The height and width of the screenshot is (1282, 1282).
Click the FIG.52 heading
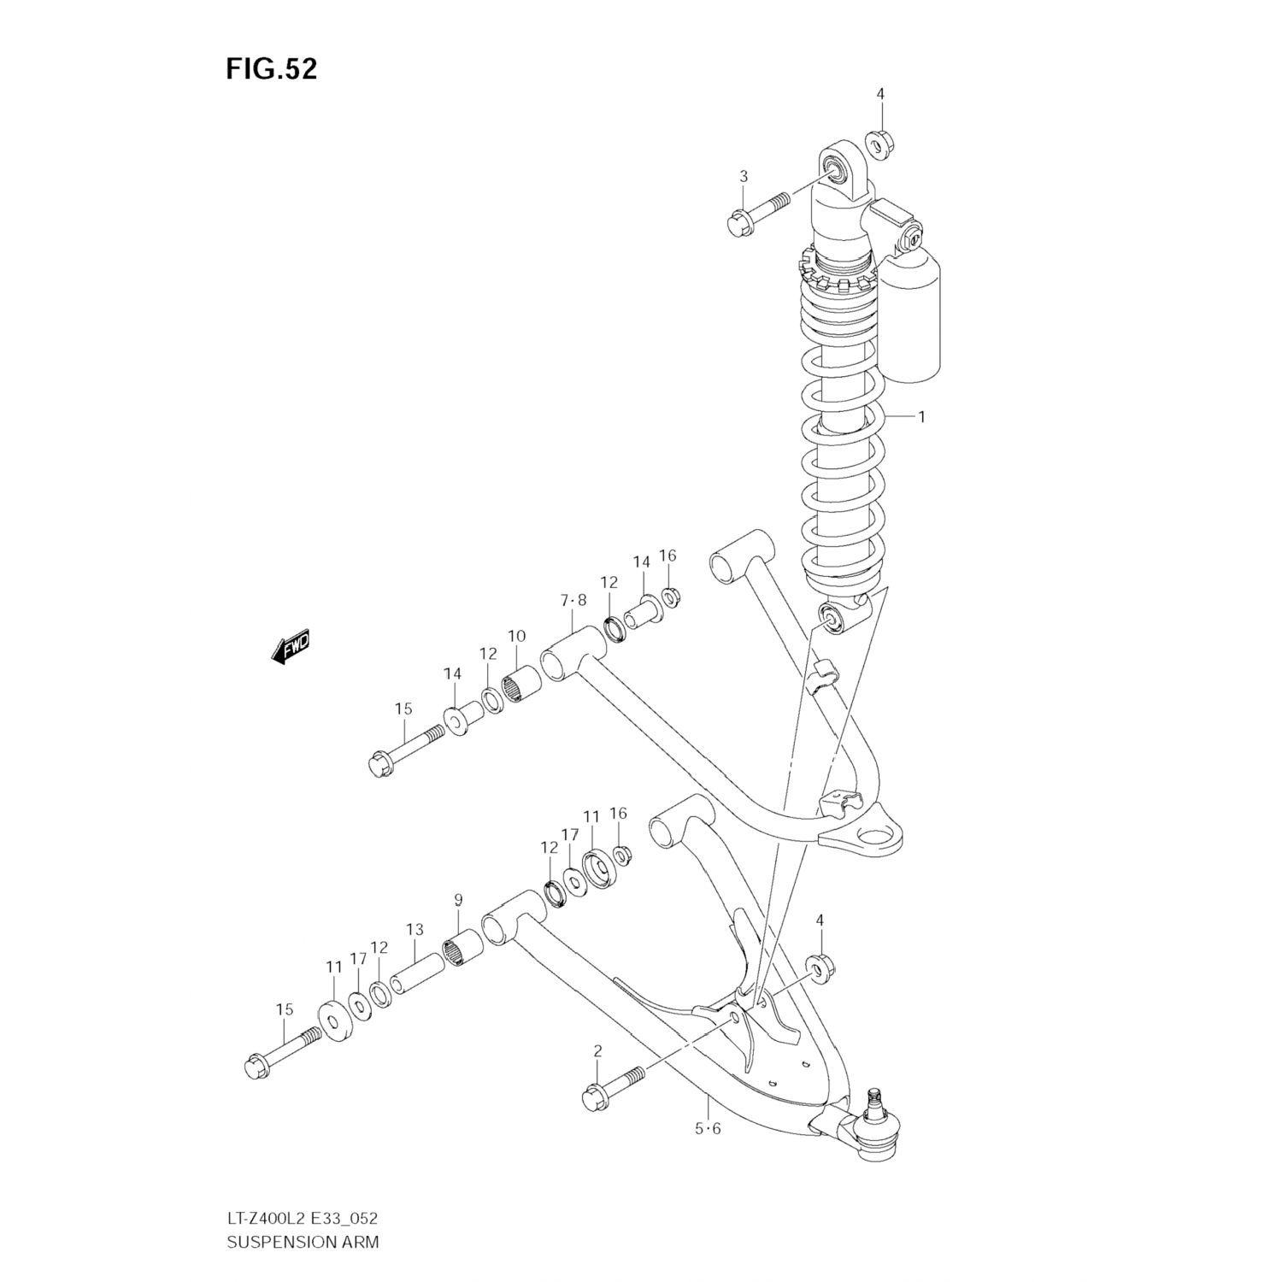pyautogui.click(x=271, y=69)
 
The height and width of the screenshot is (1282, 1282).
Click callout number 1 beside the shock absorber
pyautogui.click(x=921, y=417)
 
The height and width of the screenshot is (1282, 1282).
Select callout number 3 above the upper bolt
pyautogui.click(x=744, y=176)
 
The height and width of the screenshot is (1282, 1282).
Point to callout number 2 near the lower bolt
pyautogui.click(x=597, y=1051)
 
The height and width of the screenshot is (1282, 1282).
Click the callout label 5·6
pyautogui.click(x=708, y=1128)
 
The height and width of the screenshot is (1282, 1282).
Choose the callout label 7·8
pyautogui.click(x=573, y=601)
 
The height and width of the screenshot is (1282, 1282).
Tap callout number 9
pyautogui.click(x=458, y=899)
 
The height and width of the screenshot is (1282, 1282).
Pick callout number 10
pyautogui.click(x=516, y=637)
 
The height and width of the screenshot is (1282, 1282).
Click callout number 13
pyautogui.click(x=415, y=929)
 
